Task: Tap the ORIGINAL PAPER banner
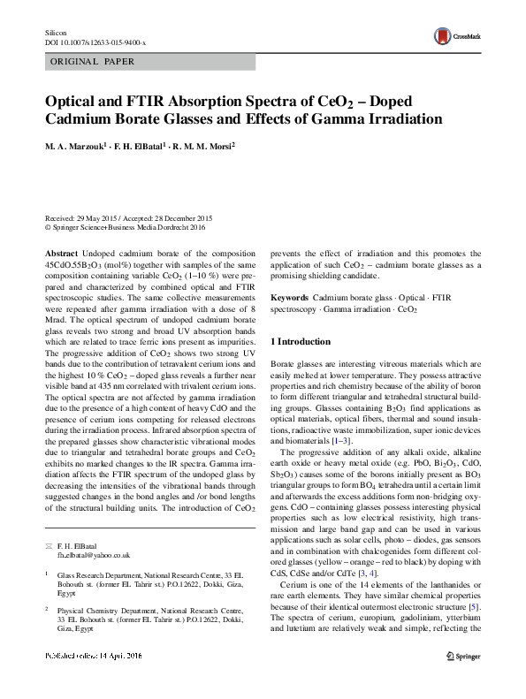point(91,61)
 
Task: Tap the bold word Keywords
point(289,299)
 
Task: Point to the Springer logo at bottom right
point(464,681)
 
